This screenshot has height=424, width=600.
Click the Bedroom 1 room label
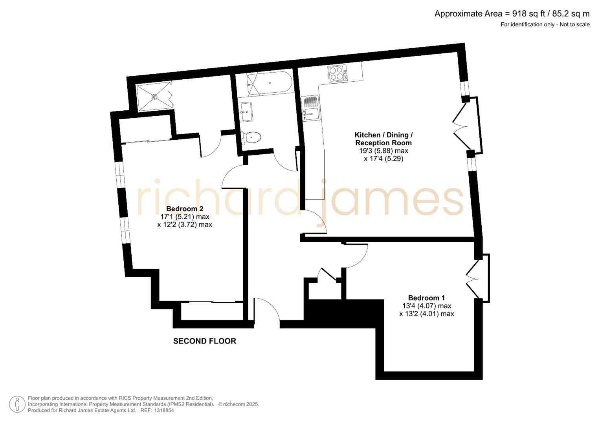tap(426, 298)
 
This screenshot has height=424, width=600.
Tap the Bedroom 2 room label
tap(185, 208)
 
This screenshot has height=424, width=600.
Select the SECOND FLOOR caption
tap(205, 341)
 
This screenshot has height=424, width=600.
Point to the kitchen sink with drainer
tap(311, 108)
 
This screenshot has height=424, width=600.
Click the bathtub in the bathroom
tap(269, 83)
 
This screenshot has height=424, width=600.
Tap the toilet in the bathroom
tap(251, 138)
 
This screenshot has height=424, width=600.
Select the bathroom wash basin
tap(246, 111)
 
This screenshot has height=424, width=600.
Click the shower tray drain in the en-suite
tap(154, 96)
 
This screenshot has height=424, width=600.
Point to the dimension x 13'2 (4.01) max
tap(426, 314)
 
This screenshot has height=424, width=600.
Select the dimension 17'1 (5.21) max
tap(185, 217)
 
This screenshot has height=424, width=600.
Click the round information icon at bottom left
tap(17, 404)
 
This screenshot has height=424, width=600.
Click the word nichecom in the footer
tap(234, 404)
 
